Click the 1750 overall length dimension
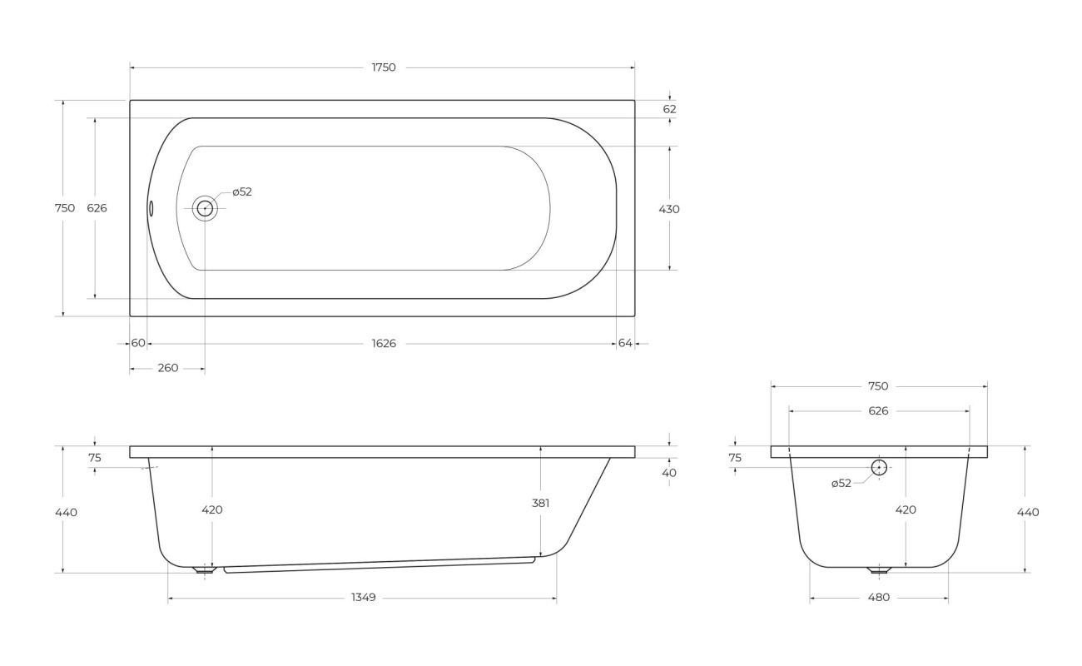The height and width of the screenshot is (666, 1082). [x=384, y=67]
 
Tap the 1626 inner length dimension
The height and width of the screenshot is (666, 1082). [x=384, y=343]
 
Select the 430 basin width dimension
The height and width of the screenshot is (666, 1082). [x=669, y=209]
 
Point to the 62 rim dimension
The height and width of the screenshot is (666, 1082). [x=669, y=109]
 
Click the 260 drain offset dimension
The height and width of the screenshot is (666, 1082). [x=168, y=368]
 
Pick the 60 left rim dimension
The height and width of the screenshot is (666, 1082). [x=138, y=343]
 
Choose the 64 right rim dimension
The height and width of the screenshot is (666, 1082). [x=625, y=343]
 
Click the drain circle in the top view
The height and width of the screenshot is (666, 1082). [x=205, y=208]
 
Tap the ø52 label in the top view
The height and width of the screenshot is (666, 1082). [x=242, y=191]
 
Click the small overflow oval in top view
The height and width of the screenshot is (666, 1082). [x=151, y=208]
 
